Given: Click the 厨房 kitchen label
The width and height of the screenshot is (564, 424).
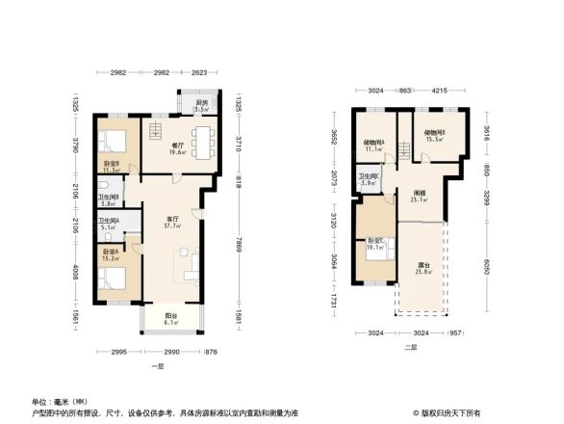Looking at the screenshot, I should click(201, 106).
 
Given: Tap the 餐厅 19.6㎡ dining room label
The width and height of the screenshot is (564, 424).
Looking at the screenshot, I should click(176, 147).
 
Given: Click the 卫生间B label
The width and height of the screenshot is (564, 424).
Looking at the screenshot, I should click(108, 199).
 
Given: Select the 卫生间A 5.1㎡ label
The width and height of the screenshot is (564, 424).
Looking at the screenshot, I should click(108, 225).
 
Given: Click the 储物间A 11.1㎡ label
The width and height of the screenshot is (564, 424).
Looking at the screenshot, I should click(373, 146).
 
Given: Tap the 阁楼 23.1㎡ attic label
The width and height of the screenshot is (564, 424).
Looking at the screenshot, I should click(416, 197).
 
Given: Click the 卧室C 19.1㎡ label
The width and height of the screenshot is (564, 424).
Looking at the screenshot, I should click(374, 245).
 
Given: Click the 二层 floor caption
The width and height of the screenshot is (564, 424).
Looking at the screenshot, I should click(410, 345).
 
